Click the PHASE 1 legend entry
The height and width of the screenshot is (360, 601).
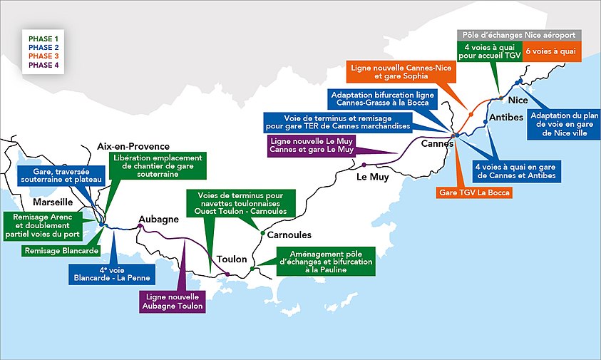tap(43, 36)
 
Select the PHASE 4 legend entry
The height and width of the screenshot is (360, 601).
tap(43, 66)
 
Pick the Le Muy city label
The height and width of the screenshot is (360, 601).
tap(372, 178)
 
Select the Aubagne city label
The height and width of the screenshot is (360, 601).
tap(158, 219)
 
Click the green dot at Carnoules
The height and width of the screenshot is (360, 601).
tap(262, 234)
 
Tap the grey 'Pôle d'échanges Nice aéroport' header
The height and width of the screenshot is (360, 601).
tap(519, 34)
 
